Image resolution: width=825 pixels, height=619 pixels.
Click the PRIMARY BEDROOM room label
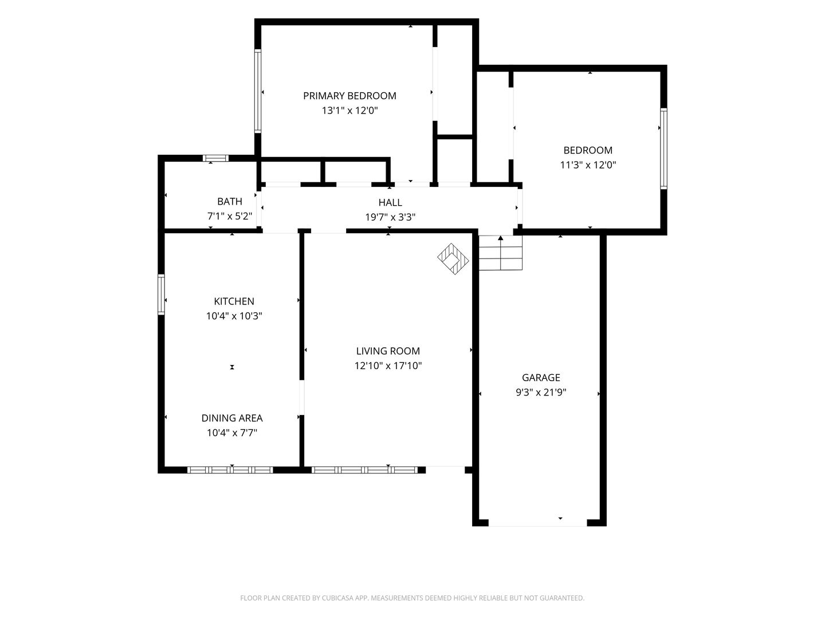(x=349, y=96)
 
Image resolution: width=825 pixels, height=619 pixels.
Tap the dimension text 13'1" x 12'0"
(x=349, y=111)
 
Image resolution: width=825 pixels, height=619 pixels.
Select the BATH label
(x=230, y=201)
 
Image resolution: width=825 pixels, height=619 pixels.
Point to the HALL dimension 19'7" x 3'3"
(x=390, y=217)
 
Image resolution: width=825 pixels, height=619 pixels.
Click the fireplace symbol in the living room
(x=453, y=259)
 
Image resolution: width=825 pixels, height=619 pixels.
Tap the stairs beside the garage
(x=500, y=253)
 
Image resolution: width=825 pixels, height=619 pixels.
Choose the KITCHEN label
(x=234, y=301)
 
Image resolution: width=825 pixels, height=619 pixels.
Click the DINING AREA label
(x=232, y=418)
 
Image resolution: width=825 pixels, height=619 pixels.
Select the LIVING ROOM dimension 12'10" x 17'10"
(x=388, y=366)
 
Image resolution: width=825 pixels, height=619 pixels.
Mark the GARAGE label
(x=541, y=377)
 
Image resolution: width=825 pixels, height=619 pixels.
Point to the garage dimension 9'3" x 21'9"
(x=541, y=393)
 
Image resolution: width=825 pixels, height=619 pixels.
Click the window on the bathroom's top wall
(x=215, y=158)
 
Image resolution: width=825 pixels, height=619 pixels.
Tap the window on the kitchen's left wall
(x=161, y=294)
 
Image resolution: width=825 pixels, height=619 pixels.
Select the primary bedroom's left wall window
(x=257, y=91)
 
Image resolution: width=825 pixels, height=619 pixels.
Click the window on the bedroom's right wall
(x=664, y=148)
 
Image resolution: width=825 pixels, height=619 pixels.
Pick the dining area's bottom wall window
(x=230, y=470)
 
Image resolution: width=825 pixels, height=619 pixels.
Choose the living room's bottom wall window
(x=364, y=470)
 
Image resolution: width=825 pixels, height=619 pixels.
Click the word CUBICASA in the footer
(x=337, y=598)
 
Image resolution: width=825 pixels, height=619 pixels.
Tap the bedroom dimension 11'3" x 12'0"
(x=588, y=165)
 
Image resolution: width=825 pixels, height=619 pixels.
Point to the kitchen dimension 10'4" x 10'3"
(x=234, y=316)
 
